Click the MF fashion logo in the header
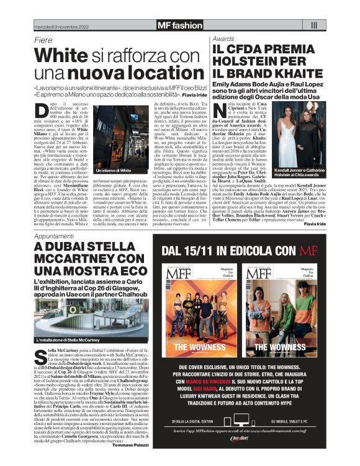(179, 25)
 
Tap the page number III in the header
(313, 25)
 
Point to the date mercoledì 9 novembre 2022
(61, 26)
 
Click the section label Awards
(223, 38)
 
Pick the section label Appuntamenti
(57, 237)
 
